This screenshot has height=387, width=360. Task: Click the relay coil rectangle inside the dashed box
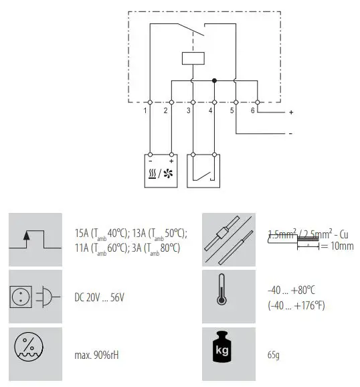(x=193, y=58)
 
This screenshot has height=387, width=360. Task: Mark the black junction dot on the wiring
(x=214, y=80)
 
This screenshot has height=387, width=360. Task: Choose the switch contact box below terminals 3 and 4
(x=203, y=171)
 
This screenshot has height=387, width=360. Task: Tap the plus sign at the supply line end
(x=291, y=112)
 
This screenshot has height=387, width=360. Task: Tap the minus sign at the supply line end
(x=290, y=134)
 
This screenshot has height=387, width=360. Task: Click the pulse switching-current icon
(x=36, y=239)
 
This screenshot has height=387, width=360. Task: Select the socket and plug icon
(x=36, y=296)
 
